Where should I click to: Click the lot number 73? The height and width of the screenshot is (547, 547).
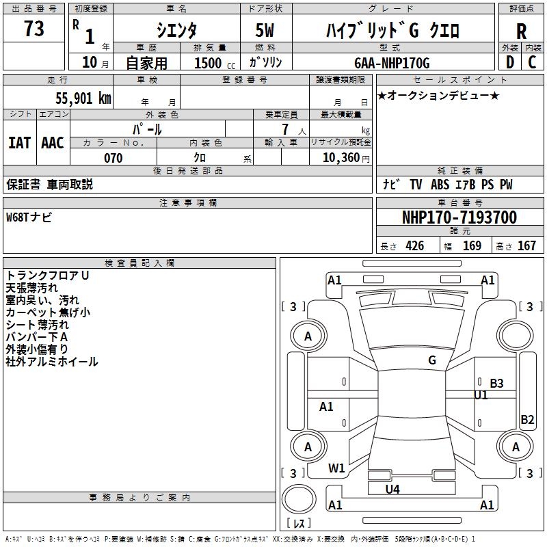click(x=34, y=29)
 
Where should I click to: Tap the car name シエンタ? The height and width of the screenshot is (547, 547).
click(x=176, y=30)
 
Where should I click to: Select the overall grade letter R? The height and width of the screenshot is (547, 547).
click(x=521, y=31)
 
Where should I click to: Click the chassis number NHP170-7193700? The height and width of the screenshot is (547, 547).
click(x=459, y=217)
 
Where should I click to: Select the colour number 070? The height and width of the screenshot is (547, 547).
click(x=113, y=158)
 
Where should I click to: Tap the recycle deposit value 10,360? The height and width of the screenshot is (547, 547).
click(x=339, y=158)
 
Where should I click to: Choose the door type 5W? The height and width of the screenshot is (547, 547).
click(x=266, y=30)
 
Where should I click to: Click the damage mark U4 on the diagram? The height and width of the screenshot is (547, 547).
click(x=392, y=489)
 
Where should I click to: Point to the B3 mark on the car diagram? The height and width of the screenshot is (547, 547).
click(x=496, y=384)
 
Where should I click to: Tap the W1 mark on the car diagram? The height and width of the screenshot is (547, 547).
click(x=336, y=468)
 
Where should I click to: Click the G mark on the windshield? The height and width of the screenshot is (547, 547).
click(x=432, y=360)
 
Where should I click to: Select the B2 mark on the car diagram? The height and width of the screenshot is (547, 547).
click(x=527, y=420)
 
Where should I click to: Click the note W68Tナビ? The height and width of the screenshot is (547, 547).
click(x=29, y=217)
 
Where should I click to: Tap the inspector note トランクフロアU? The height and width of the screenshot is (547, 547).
click(x=47, y=276)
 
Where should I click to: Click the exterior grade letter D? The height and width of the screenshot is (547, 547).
click(x=509, y=62)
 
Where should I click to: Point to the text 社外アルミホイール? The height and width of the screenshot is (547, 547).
click(x=52, y=362)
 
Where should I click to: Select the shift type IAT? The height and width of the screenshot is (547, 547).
click(x=19, y=143)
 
